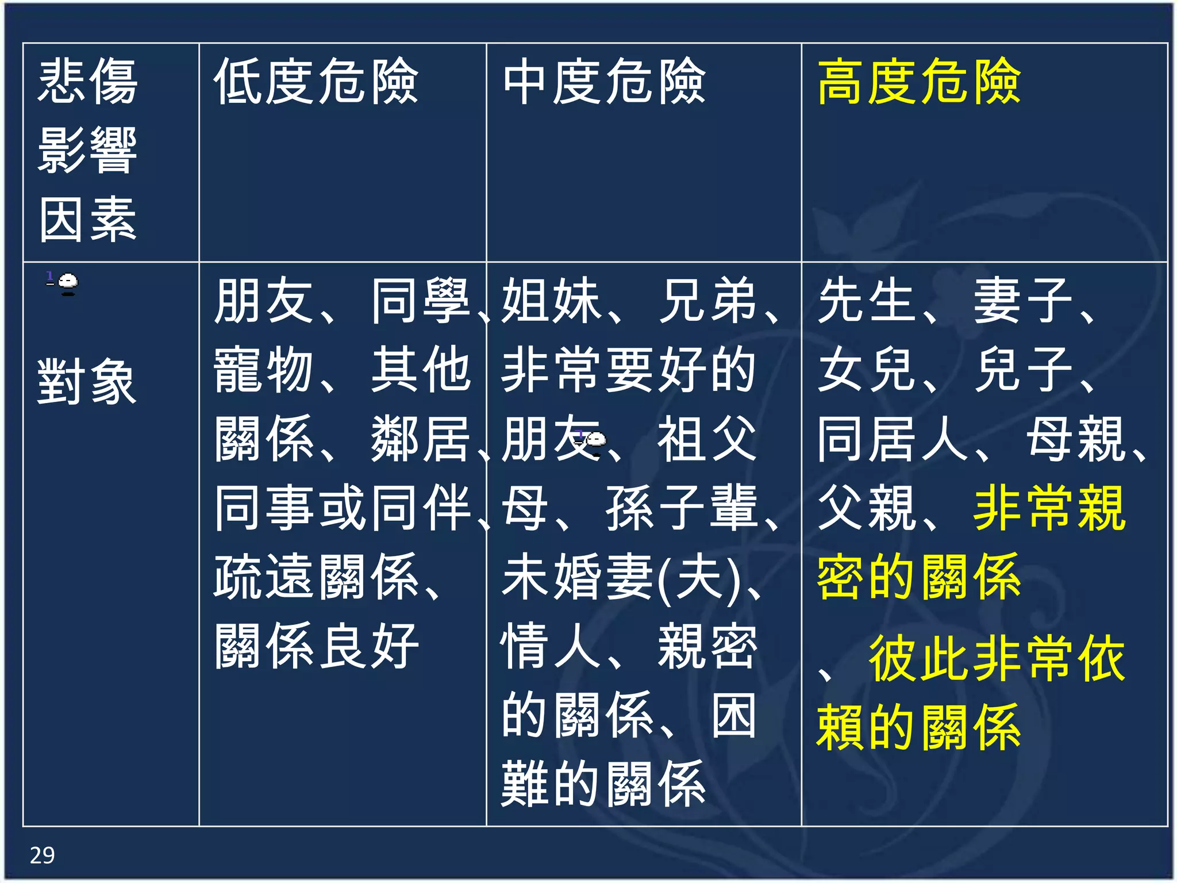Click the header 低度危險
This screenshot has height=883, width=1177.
pos(316,82)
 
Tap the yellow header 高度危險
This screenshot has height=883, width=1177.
pos(918,82)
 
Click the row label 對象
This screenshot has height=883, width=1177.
pos(87,382)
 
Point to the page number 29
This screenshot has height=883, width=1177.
pos(42,855)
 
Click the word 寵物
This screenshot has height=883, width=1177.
pos(263,370)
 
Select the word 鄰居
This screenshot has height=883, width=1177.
pos(420,439)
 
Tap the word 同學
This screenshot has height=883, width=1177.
pos(420,301)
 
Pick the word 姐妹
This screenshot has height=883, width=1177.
pos(551,301)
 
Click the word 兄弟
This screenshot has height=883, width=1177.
pos(707,301)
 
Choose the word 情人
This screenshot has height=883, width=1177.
pos(551,647)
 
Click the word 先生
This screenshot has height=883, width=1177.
pos(867,301)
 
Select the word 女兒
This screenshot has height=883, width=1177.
pos(867,370)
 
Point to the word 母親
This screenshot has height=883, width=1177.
pos(1075,439)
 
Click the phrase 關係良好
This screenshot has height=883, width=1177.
pos(316,647)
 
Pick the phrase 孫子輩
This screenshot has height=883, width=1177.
pos(681,508)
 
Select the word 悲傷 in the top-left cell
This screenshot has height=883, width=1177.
pos(87,82)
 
